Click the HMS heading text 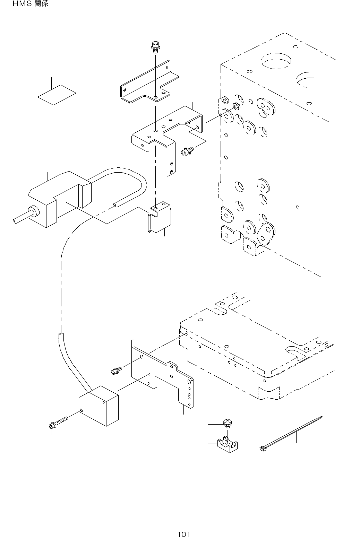pyautogui.click(x=31, y=5)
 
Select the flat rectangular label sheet pyautogui.click(x=57, y=94)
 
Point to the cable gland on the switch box pyautogui.click(x=34, y=211)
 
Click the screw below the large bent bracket pyautogui.click(x=187, y=151)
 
